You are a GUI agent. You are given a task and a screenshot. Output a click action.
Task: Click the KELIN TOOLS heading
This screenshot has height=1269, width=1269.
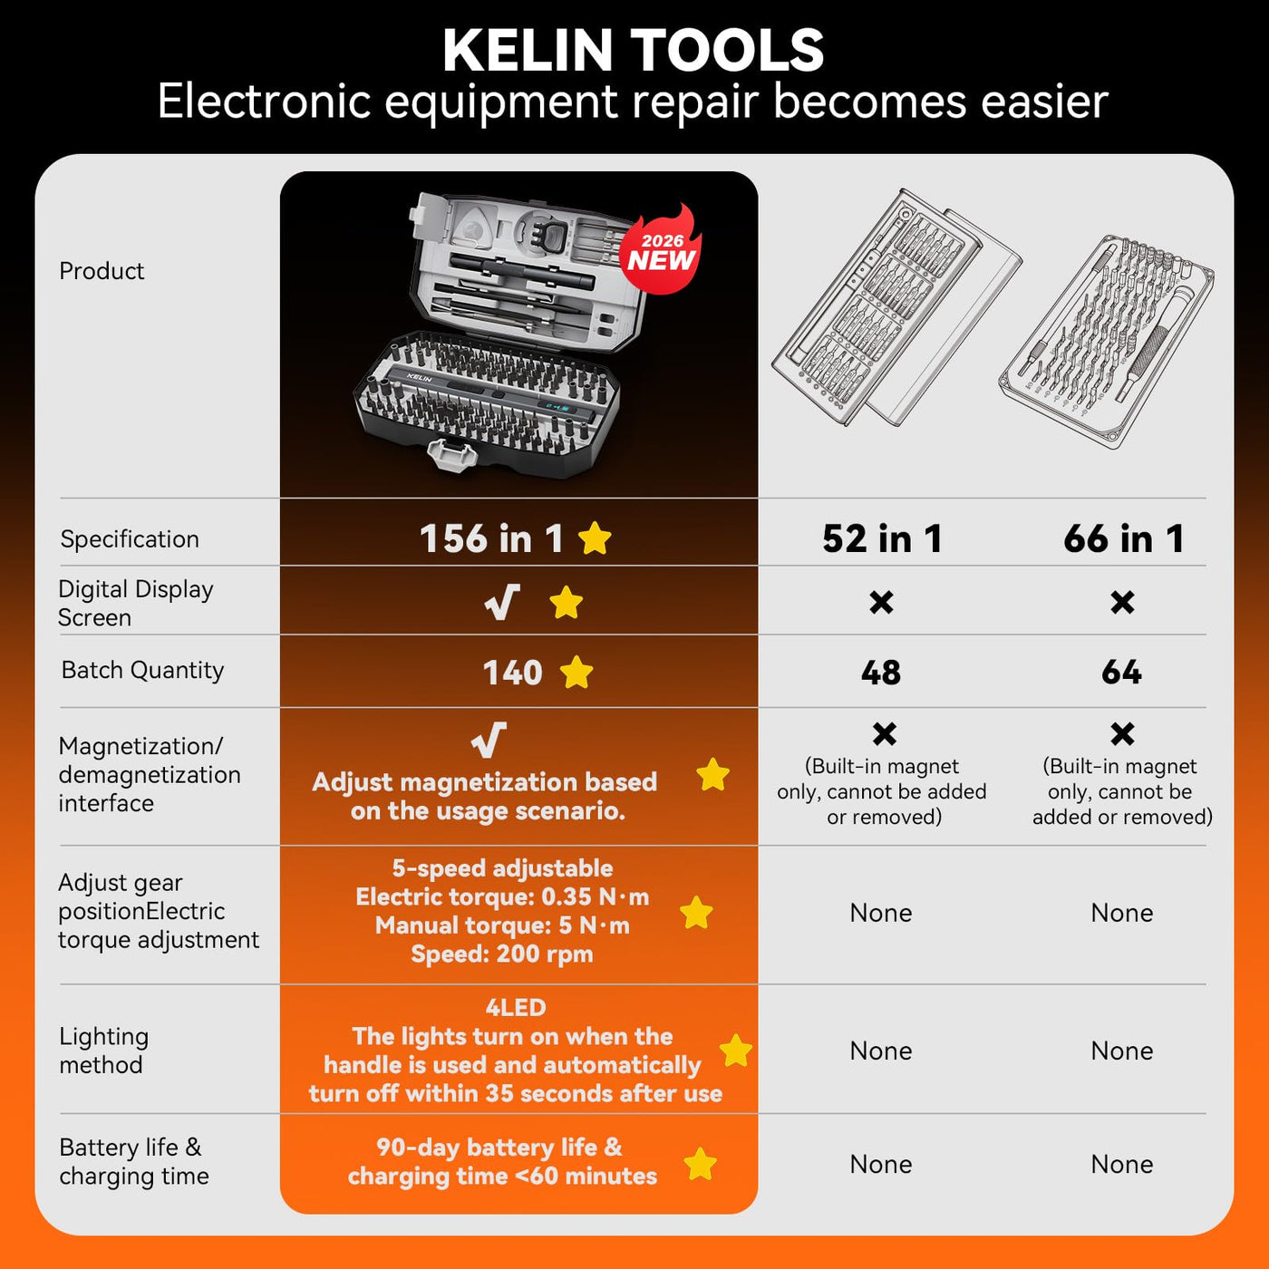(633, 51)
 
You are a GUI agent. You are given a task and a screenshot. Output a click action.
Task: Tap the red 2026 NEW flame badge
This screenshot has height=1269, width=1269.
(661, 250)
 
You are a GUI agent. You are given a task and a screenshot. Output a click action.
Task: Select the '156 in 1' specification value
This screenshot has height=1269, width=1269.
(491, 538)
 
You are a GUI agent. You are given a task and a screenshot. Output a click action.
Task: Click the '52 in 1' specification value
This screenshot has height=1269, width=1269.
(882, 538)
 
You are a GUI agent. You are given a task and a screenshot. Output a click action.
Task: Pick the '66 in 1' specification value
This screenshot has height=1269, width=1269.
(1123, 538)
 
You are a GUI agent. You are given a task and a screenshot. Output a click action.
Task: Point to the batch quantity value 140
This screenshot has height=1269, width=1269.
(512, 673)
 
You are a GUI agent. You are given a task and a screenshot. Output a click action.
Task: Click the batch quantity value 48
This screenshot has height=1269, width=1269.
(880, 673)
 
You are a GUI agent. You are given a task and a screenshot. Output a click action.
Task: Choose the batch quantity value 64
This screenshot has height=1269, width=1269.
(1121, 673)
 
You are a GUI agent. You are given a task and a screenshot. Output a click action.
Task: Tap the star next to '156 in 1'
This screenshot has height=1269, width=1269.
(595, 538)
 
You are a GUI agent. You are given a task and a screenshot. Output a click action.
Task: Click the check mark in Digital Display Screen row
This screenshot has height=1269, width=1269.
(502, 602)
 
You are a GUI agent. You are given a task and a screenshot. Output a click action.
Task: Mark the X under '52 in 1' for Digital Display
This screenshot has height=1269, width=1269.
(881, 602)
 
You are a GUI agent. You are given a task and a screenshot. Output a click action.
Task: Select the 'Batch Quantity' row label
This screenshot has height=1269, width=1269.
(142, 670)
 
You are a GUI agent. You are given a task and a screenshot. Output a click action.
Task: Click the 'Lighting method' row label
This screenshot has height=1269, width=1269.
(103, 1051)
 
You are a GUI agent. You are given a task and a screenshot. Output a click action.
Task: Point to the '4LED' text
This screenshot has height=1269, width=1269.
(516, 1008)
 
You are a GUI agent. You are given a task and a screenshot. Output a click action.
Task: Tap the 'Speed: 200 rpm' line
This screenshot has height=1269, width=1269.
(502, 954)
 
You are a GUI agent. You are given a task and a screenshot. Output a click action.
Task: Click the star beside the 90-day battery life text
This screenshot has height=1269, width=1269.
(700, 1164)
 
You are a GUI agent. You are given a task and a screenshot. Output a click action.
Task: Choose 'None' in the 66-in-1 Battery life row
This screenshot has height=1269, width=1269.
(1121, 1164)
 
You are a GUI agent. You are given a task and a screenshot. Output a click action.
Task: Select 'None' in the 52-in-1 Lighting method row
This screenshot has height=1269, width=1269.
(880, 1051)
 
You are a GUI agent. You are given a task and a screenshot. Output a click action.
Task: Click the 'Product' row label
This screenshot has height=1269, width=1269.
(102, 271)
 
